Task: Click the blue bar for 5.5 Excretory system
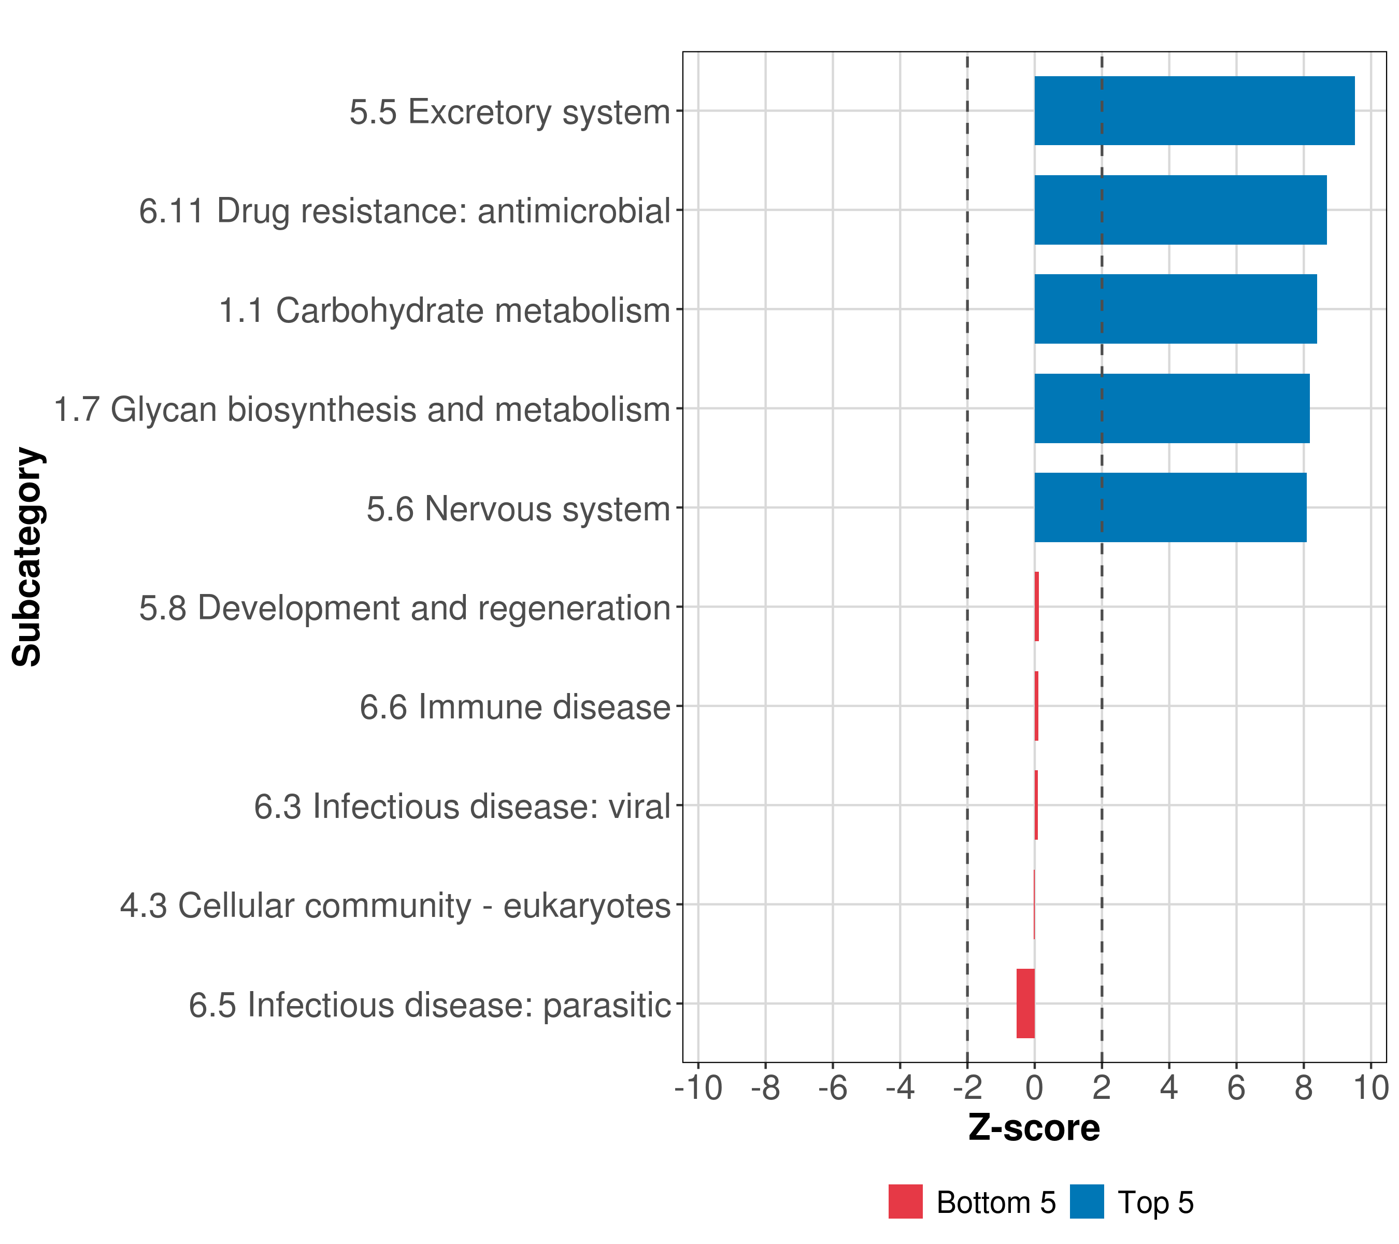click(1194, 111)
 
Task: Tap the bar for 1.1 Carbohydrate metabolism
click(1175, 309)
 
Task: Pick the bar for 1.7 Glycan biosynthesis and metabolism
click(1172, 409)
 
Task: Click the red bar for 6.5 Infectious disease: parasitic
click(1025, 1003)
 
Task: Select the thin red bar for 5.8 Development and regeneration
click(1037, 606)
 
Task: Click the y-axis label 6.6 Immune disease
click(515, 706)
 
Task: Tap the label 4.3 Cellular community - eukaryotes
click(395, 905)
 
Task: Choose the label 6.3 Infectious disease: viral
click(462, 806)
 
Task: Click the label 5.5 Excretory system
click(509, 111)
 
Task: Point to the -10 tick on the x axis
click(698, 1088)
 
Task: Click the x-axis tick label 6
click(1236, 1088)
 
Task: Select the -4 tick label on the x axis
click(900, 1088)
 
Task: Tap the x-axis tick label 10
click(1371, 1088)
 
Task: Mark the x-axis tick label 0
click(1034, 1088)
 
